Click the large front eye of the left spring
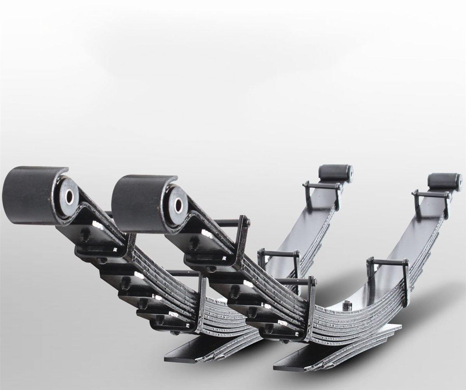[x=35, y=194]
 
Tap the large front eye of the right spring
[x=144, y=202]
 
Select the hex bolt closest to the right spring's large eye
[x=193, y=242]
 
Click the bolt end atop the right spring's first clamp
[x=248, y=222]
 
